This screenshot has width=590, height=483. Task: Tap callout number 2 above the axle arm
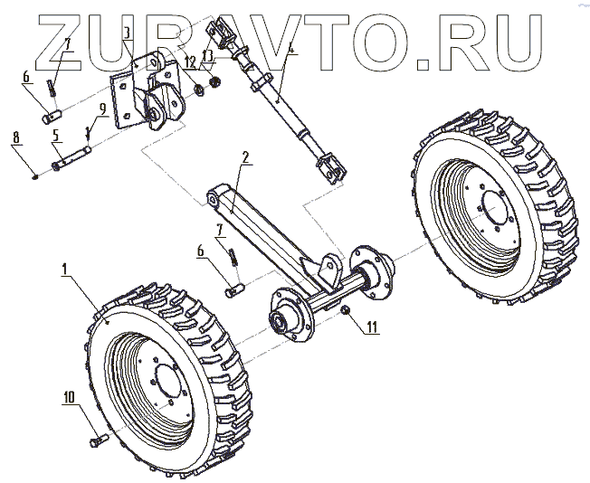(245, 156)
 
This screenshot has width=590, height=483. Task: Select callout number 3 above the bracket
(127, 33)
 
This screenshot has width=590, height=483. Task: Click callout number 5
(55, 137)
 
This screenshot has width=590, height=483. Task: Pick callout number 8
(15, 137)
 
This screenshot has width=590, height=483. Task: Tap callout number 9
(102, 107)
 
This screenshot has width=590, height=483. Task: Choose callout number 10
(69, 396)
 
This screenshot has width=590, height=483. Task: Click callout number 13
(209, 55)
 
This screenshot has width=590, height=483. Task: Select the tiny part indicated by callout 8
(33, 176)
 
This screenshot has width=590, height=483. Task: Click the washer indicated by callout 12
(197, 90)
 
